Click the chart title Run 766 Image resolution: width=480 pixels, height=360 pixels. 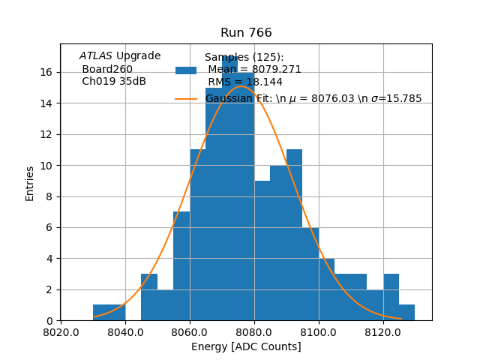click(246, 33)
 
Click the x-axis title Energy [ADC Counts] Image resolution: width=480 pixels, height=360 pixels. click(246, 346)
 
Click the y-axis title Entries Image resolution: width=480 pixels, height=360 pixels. click(30, 183)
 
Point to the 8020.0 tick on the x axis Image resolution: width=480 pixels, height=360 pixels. click(61, 331)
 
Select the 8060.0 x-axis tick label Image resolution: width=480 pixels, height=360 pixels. click(190, 331)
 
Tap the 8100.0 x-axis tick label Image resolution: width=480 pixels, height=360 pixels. click(319, 331)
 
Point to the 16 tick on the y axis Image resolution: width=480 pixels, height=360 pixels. click(46, 72)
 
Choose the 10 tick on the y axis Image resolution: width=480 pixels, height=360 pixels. click(46, 165)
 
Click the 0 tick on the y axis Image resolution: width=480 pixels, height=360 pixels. click(49, 320)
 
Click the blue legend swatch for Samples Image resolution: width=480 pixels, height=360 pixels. click(186, 70)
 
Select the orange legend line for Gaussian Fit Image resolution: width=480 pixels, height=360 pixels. click(186, 98)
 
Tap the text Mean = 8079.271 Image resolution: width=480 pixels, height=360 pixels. click(254, 70)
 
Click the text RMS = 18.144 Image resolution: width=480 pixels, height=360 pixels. click(245, 82)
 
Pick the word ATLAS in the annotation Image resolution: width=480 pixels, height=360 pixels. click(96, 56)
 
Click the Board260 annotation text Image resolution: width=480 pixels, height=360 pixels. click(107, 69)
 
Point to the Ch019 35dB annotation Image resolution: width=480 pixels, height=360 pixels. click(114, 81)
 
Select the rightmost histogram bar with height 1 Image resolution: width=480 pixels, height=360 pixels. click(406, 313)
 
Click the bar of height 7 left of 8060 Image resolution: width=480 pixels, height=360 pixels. click(181, 266)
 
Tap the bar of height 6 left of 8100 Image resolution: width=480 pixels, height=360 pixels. click(310, 274)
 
